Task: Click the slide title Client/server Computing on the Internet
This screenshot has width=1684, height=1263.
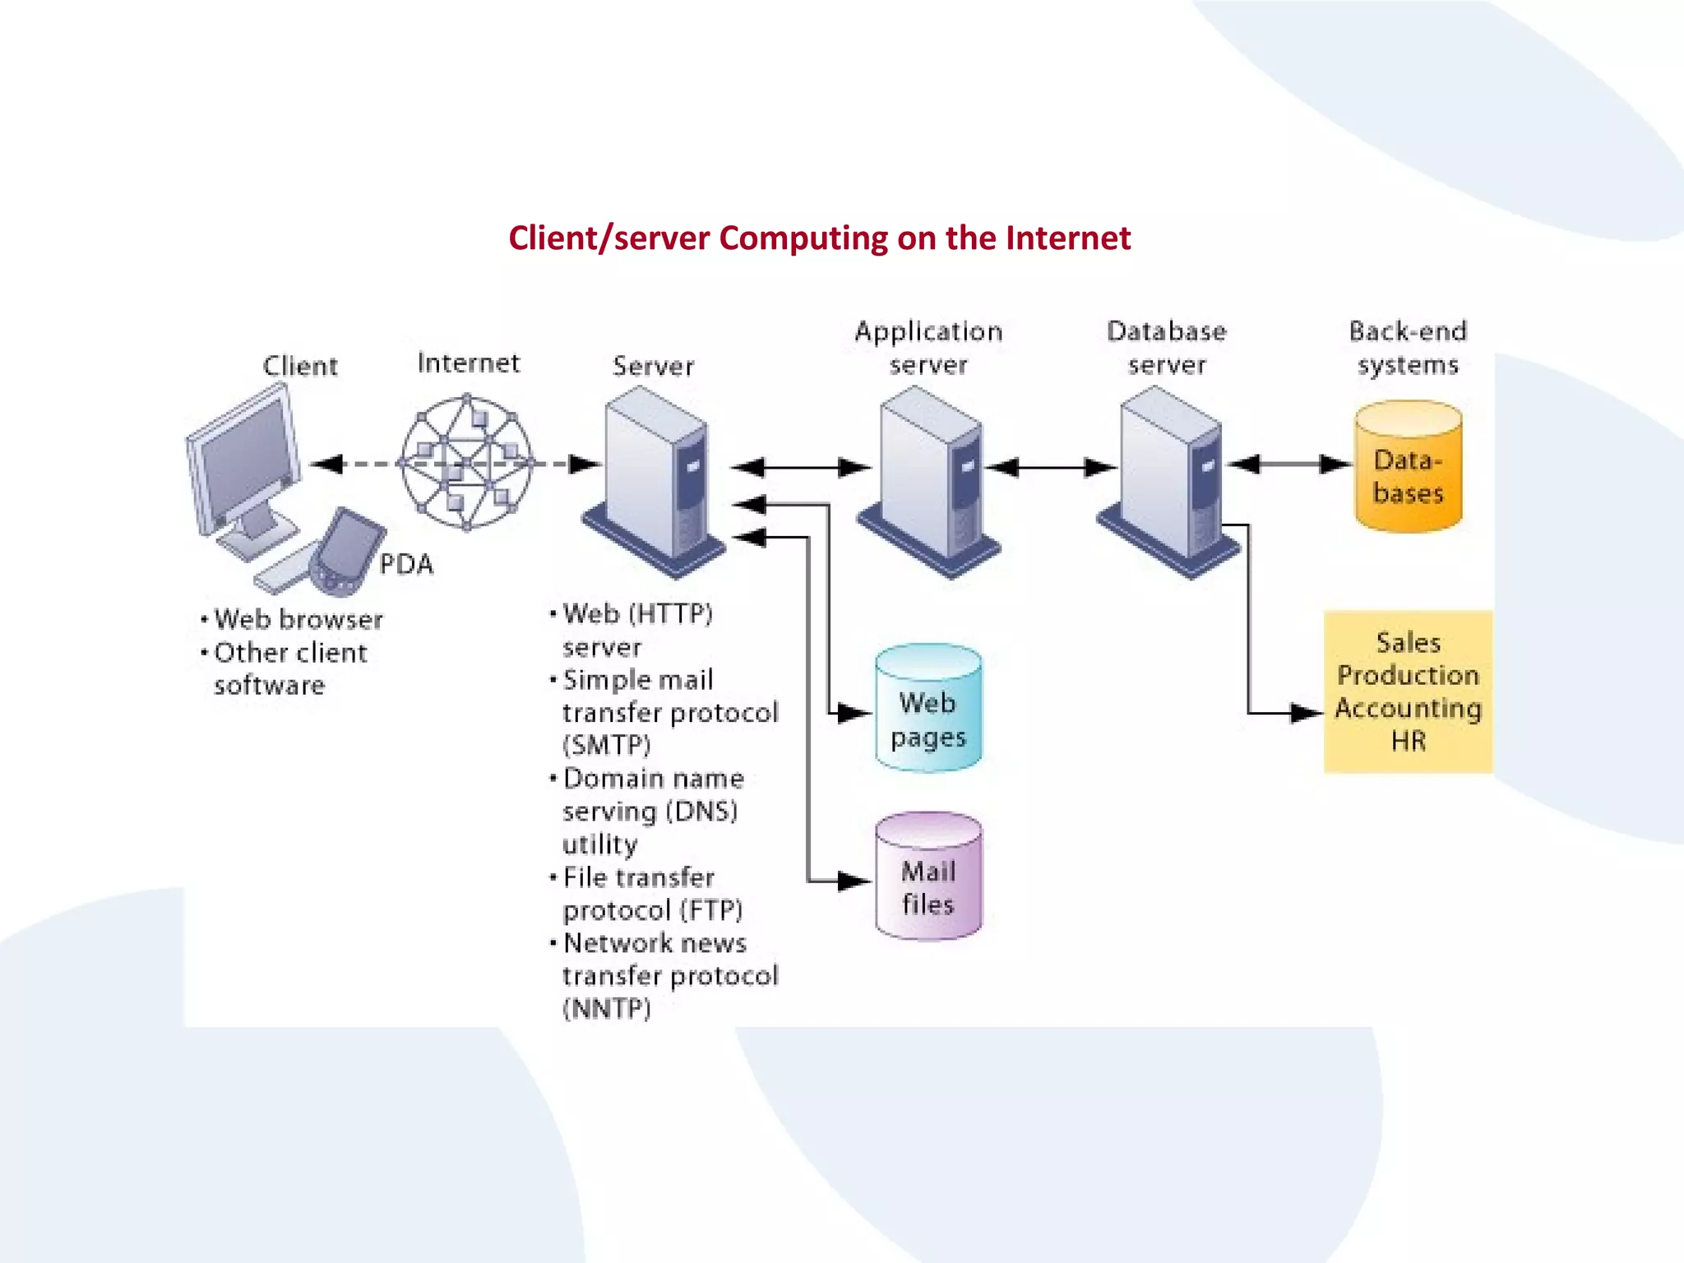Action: pyautogui.click(x=819, y=238)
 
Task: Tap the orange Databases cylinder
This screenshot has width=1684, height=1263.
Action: pyautogui.click(x=1408, y=469)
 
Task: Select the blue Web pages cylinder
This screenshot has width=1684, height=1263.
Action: pyautogui.click(x=928, y=709)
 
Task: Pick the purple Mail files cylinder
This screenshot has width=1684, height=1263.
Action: pyautogui.click(x=928, y=877)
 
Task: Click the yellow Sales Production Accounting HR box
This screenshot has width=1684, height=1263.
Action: pyautogui.click(x=1408, y=692)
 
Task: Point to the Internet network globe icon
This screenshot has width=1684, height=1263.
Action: pyautogui.click(x=466, y=463)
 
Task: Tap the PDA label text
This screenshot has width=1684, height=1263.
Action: pyautogui.click(x=406, y=565)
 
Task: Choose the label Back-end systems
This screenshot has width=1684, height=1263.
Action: pyautogui.click(x=1408, y=348)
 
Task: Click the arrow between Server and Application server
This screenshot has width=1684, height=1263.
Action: pyautogui.click(x=801, y=468)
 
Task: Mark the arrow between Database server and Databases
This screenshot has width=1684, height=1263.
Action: pyautogui.click(x=1289, y=465)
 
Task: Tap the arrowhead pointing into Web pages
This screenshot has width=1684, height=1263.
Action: pyautogui.click(x=855, y=713)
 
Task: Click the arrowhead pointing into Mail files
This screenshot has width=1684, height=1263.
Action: pyautogui.click(x=855, y=881)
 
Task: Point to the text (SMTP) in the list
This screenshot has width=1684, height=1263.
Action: pyautogui.click(x=607, y=745)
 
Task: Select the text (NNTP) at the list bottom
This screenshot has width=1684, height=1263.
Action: pyautogui.click(x=607, y=1009)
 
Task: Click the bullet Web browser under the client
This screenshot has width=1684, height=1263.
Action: pyautogui.click(x=298, y=619)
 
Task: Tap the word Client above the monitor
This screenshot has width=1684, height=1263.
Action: pyautogui.click(x=300, y=366)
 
